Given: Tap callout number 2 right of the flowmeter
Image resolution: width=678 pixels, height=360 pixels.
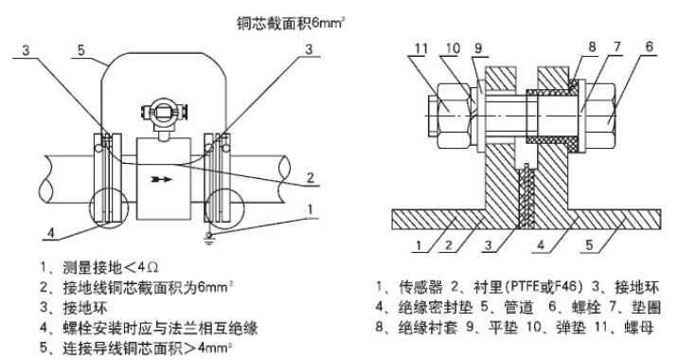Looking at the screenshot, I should (x=310, y=177).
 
